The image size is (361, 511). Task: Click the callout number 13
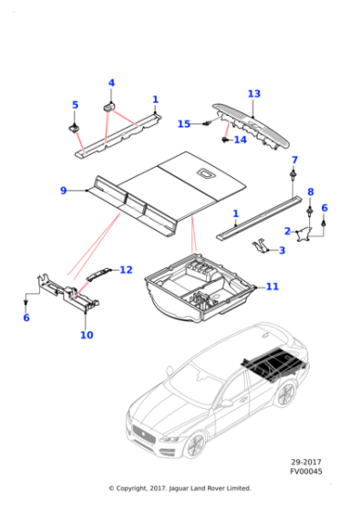pyautogui.click(x=254, y=94)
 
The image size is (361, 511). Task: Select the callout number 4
pyautogui.click(x=111, y=83)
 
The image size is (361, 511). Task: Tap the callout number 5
pyautogui.click(x=75, y=105)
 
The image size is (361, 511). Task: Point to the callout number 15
pyautogui.click(x=184, y=124)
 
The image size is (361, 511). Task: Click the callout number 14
pyautogui.click(x=241, y=140)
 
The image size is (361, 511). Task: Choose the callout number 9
pyautogui.click(x=64, y=191)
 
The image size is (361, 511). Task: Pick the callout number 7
pyautogui.click(x=294, y=160)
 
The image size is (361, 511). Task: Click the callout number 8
pyautogui.click(x=311, y=192)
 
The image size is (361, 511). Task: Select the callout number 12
pyautogui.click(x=127, y=270)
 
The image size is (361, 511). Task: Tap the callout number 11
pyautogui.click(x=273, y=287)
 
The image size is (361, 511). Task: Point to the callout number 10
pyautogui.click(x=87, y=335)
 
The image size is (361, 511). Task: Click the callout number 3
pyautogui.click(x=282, y=250)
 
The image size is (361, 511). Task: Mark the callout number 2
pyautogui.click(x=287, y=231)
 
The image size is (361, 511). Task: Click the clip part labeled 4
pyautogui.click(x=109, y=107)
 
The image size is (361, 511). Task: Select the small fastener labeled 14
pyautogui.click(x=224, y=141)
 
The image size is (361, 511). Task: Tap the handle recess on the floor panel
pyautogui.click(x=206, y=173)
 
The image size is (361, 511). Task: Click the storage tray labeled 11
pyautogui.click(x=200, y=288)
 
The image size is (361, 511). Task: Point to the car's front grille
pyautogui.click(x=143, y=434)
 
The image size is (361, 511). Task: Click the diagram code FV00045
pyautogui.click(x=306, y=471)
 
